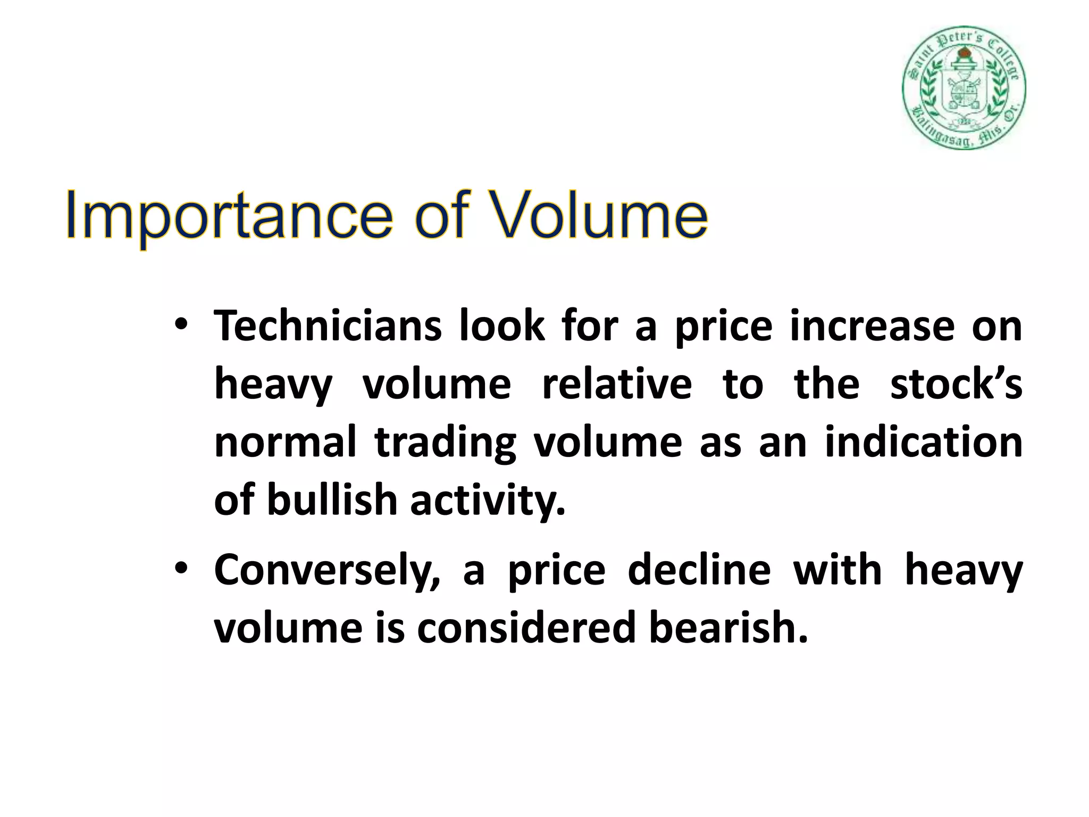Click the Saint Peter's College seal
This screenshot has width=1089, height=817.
pos(964,88)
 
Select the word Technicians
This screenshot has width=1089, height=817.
pos(328,326)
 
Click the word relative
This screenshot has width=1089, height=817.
pos(617,384)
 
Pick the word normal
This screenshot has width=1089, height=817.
pos(285,443)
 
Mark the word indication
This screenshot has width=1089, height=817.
pos(923,443)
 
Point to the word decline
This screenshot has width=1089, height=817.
pos(699,570)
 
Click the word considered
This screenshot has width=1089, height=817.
pos(526,628)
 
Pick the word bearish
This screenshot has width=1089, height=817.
pos(728,628)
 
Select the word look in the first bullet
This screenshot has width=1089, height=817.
pos(502,326)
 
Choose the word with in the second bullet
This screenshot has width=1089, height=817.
pos(837,570)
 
